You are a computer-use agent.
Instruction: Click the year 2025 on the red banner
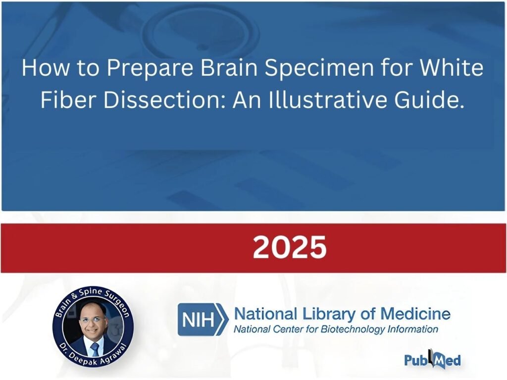tap(290, 247)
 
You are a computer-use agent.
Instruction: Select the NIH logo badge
tap(203, 320)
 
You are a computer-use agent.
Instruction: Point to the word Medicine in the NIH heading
tap(415, 314)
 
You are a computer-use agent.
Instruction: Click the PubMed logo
tap(433, 360)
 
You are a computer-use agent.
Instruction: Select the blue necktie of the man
tap(95, 350)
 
